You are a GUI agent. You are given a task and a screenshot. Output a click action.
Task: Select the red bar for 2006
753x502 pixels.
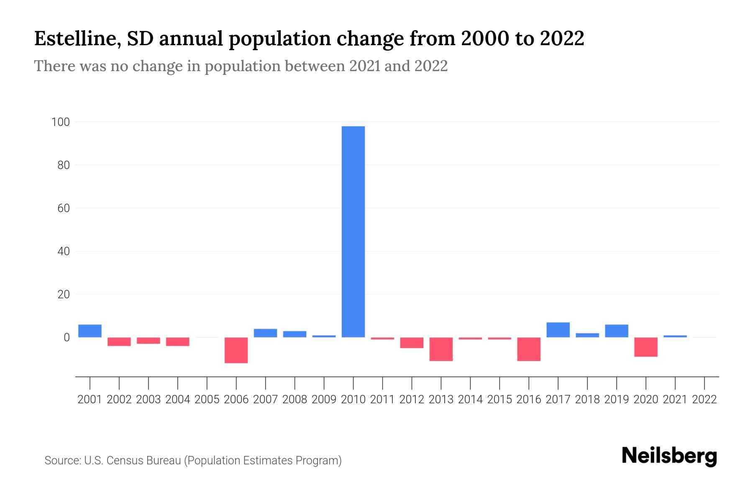click(236, 350)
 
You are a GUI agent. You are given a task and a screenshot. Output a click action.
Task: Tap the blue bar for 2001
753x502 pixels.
click(90, 331)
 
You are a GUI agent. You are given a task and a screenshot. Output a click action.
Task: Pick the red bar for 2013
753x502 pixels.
click(441, 349)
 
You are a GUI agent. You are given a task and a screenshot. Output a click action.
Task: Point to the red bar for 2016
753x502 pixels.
click(529, 349)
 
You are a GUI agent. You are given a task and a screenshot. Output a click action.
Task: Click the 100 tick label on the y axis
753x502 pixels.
click(60, 122)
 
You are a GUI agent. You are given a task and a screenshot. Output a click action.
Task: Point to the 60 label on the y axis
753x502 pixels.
click(63, 208)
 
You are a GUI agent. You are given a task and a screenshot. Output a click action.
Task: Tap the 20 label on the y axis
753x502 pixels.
click(63, 295)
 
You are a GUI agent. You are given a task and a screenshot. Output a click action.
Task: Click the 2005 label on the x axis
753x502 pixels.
click(207, 400)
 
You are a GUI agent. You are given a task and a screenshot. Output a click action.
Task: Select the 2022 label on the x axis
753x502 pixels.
click(704, 400)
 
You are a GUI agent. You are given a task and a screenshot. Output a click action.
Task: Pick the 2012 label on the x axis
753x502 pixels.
click(412, 400)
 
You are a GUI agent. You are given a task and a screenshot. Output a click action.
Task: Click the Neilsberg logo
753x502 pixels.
click(669, 456)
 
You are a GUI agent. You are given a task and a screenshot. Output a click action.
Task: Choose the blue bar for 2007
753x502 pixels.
click(265, 333)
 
